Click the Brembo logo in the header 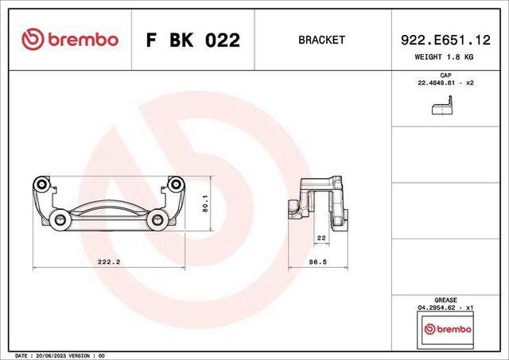pos(69,40)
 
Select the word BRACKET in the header pos(321,40)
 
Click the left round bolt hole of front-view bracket pos(56,219)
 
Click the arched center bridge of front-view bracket pos(107,208)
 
